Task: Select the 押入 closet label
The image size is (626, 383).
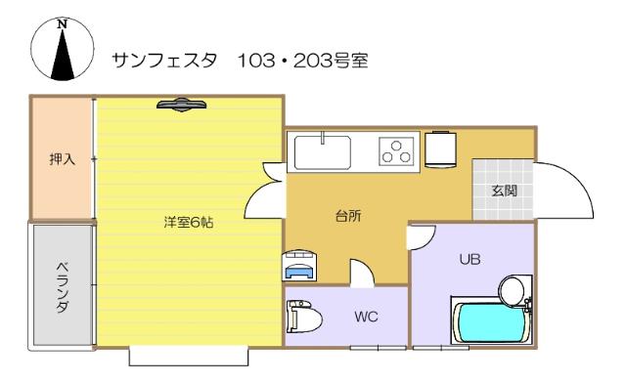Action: coord(62,159)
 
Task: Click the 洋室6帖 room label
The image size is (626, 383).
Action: coord(189,222)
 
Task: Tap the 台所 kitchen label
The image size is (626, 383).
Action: coord(349,216)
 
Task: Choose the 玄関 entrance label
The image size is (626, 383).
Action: coord(504,189)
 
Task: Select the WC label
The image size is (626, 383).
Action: coord(365,318)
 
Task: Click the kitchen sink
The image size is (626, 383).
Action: coord(322,152)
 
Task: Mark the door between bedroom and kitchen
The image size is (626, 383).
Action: coord(263,191)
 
